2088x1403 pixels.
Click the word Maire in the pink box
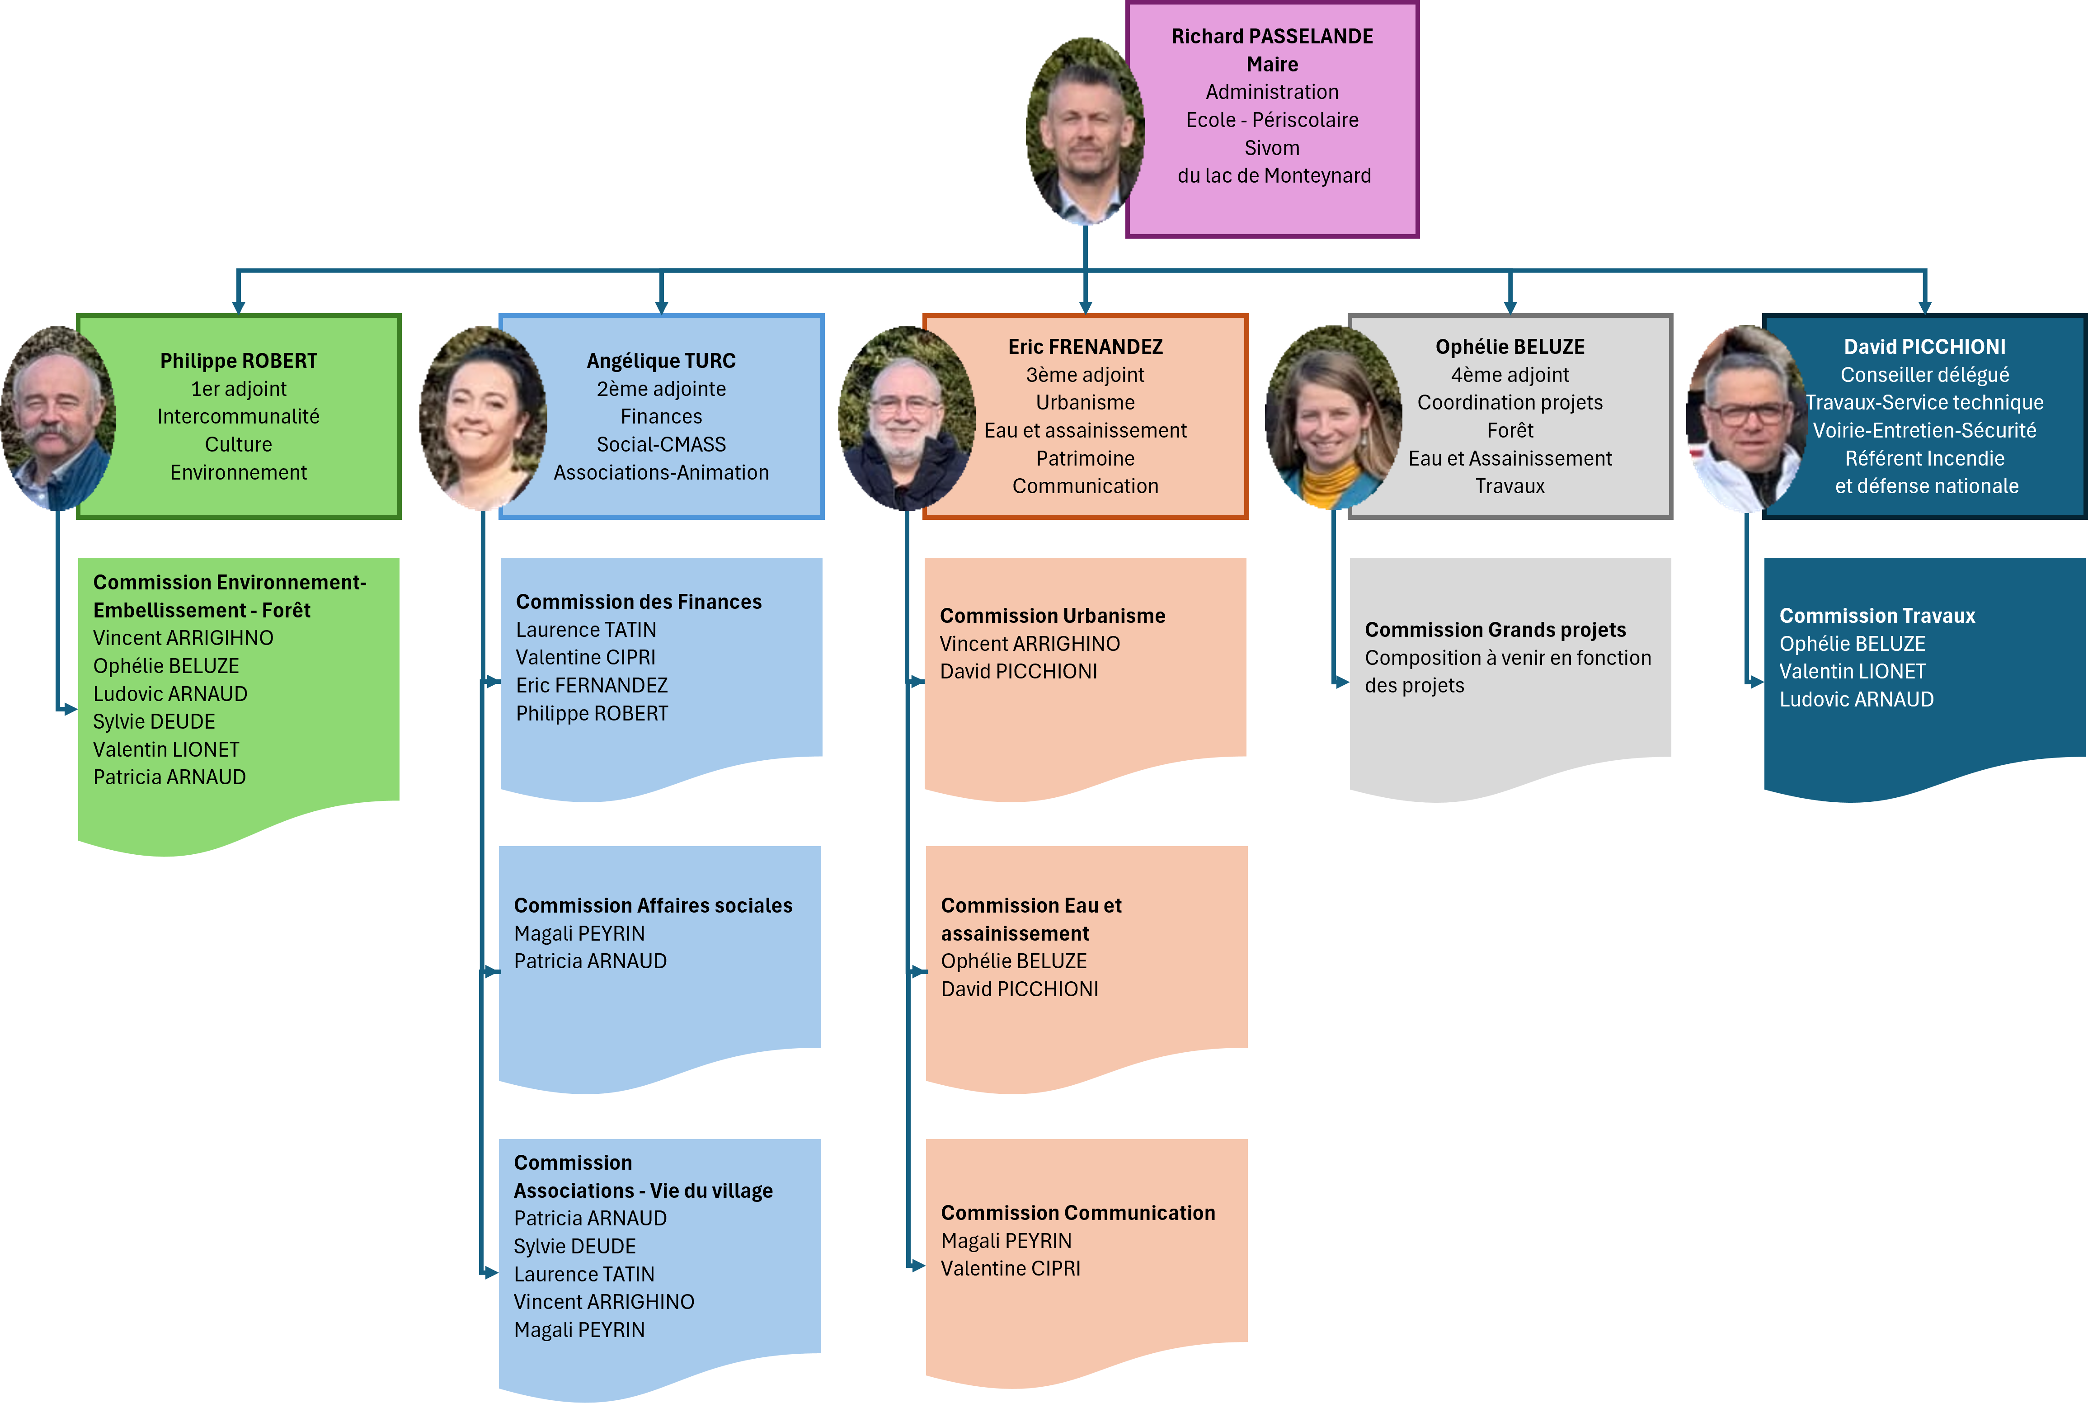1272,65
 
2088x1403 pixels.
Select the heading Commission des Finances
639,602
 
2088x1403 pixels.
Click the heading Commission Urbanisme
1052,616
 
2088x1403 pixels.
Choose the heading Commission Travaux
1877,616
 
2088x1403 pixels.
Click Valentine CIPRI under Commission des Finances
586,658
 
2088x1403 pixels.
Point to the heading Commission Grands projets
1495,630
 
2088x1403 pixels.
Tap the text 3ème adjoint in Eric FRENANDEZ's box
1085,375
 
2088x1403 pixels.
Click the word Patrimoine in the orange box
1085,458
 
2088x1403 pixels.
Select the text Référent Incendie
1924,458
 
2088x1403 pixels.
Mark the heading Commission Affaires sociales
653,905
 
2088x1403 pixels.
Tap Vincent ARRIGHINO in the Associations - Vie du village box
604,1302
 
